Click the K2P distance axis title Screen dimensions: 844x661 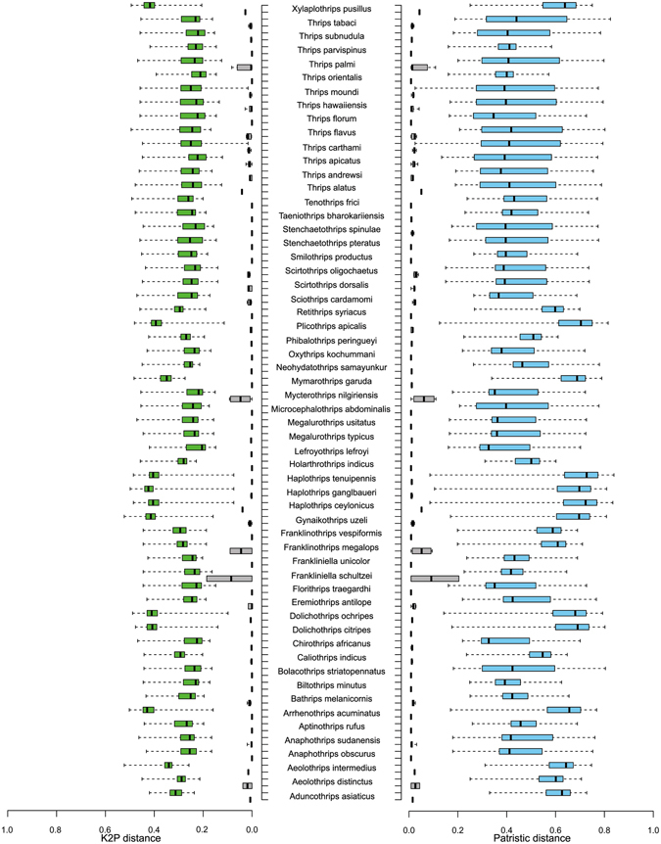pos(130,836)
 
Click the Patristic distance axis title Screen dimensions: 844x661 pos(531,836)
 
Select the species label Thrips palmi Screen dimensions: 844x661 pos(331,64)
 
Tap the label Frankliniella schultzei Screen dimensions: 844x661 pos(331,578)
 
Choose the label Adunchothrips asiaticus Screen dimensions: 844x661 pos(331,797)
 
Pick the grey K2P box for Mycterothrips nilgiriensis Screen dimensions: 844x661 pos(240,399)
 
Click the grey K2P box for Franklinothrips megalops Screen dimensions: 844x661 pos(241,550)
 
